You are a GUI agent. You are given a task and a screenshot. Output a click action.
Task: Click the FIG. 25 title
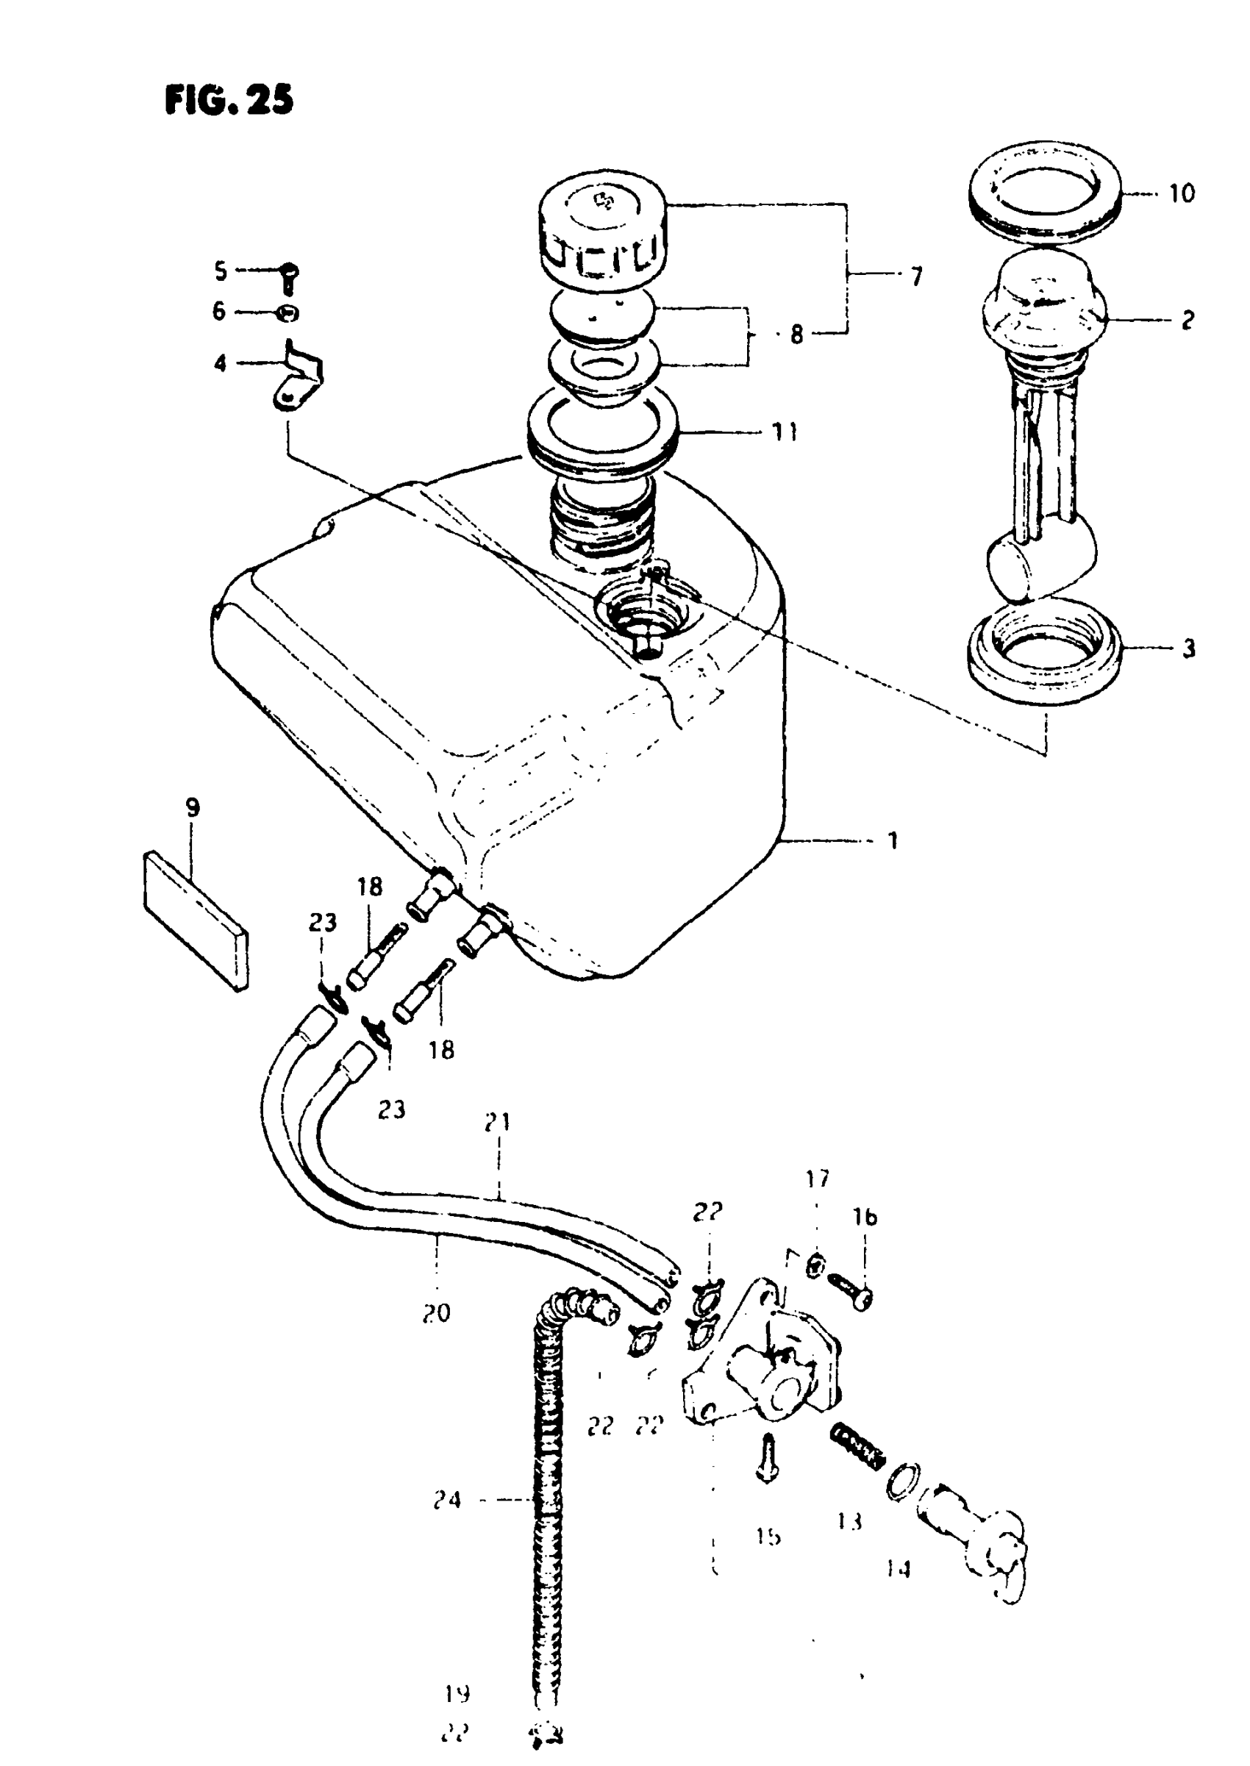click(229, 100)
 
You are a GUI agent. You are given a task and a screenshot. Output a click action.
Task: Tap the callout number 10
click(1182, 193)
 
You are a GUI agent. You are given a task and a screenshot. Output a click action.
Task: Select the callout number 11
click(785, 432)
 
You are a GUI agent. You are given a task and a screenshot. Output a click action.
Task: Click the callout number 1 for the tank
click(893, 840)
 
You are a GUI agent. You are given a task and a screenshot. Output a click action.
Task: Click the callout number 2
click(1188, 319)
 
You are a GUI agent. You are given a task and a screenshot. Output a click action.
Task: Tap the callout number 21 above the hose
click(498, 1123)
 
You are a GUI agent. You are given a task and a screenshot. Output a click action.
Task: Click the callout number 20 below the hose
click(437, 1313)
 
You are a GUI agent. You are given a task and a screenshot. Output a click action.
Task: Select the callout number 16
click(865, 1217)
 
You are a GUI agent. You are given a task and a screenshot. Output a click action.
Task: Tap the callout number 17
click(818, 1178)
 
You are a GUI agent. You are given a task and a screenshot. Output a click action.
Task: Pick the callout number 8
click(796, 335)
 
